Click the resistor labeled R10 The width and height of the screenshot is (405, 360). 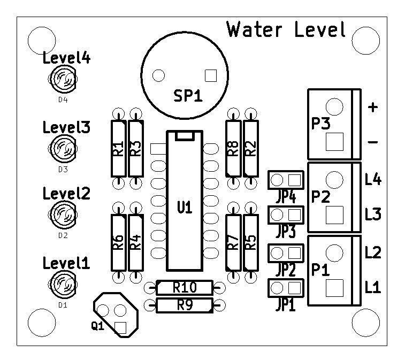point(185,287)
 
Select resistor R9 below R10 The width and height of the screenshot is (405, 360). point(185,305)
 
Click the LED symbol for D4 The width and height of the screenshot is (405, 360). point(63,79)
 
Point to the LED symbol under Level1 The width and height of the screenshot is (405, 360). point(63,285)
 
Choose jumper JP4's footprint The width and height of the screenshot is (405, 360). point(286,180)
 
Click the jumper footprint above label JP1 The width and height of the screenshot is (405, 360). point(286,288)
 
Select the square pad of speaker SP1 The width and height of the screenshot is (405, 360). point(211,75)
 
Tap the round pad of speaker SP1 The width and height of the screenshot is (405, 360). point(158,75)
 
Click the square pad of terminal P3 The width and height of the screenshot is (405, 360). point(334,142)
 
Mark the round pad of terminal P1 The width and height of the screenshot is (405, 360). point(334,253)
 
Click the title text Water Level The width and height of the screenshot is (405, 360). point(286,29)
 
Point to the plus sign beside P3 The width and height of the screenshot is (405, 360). point(373,107)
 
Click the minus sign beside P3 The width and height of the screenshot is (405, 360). point(373,142)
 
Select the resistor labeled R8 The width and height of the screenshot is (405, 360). point(233,149)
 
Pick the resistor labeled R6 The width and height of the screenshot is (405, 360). point(119,242)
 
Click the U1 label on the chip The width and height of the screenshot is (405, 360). point(185,208)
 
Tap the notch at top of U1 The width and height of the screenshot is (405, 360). point(185,136)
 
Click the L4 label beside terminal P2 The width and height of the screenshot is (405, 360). point(373,179)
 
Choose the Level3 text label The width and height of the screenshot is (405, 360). point(66,127)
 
